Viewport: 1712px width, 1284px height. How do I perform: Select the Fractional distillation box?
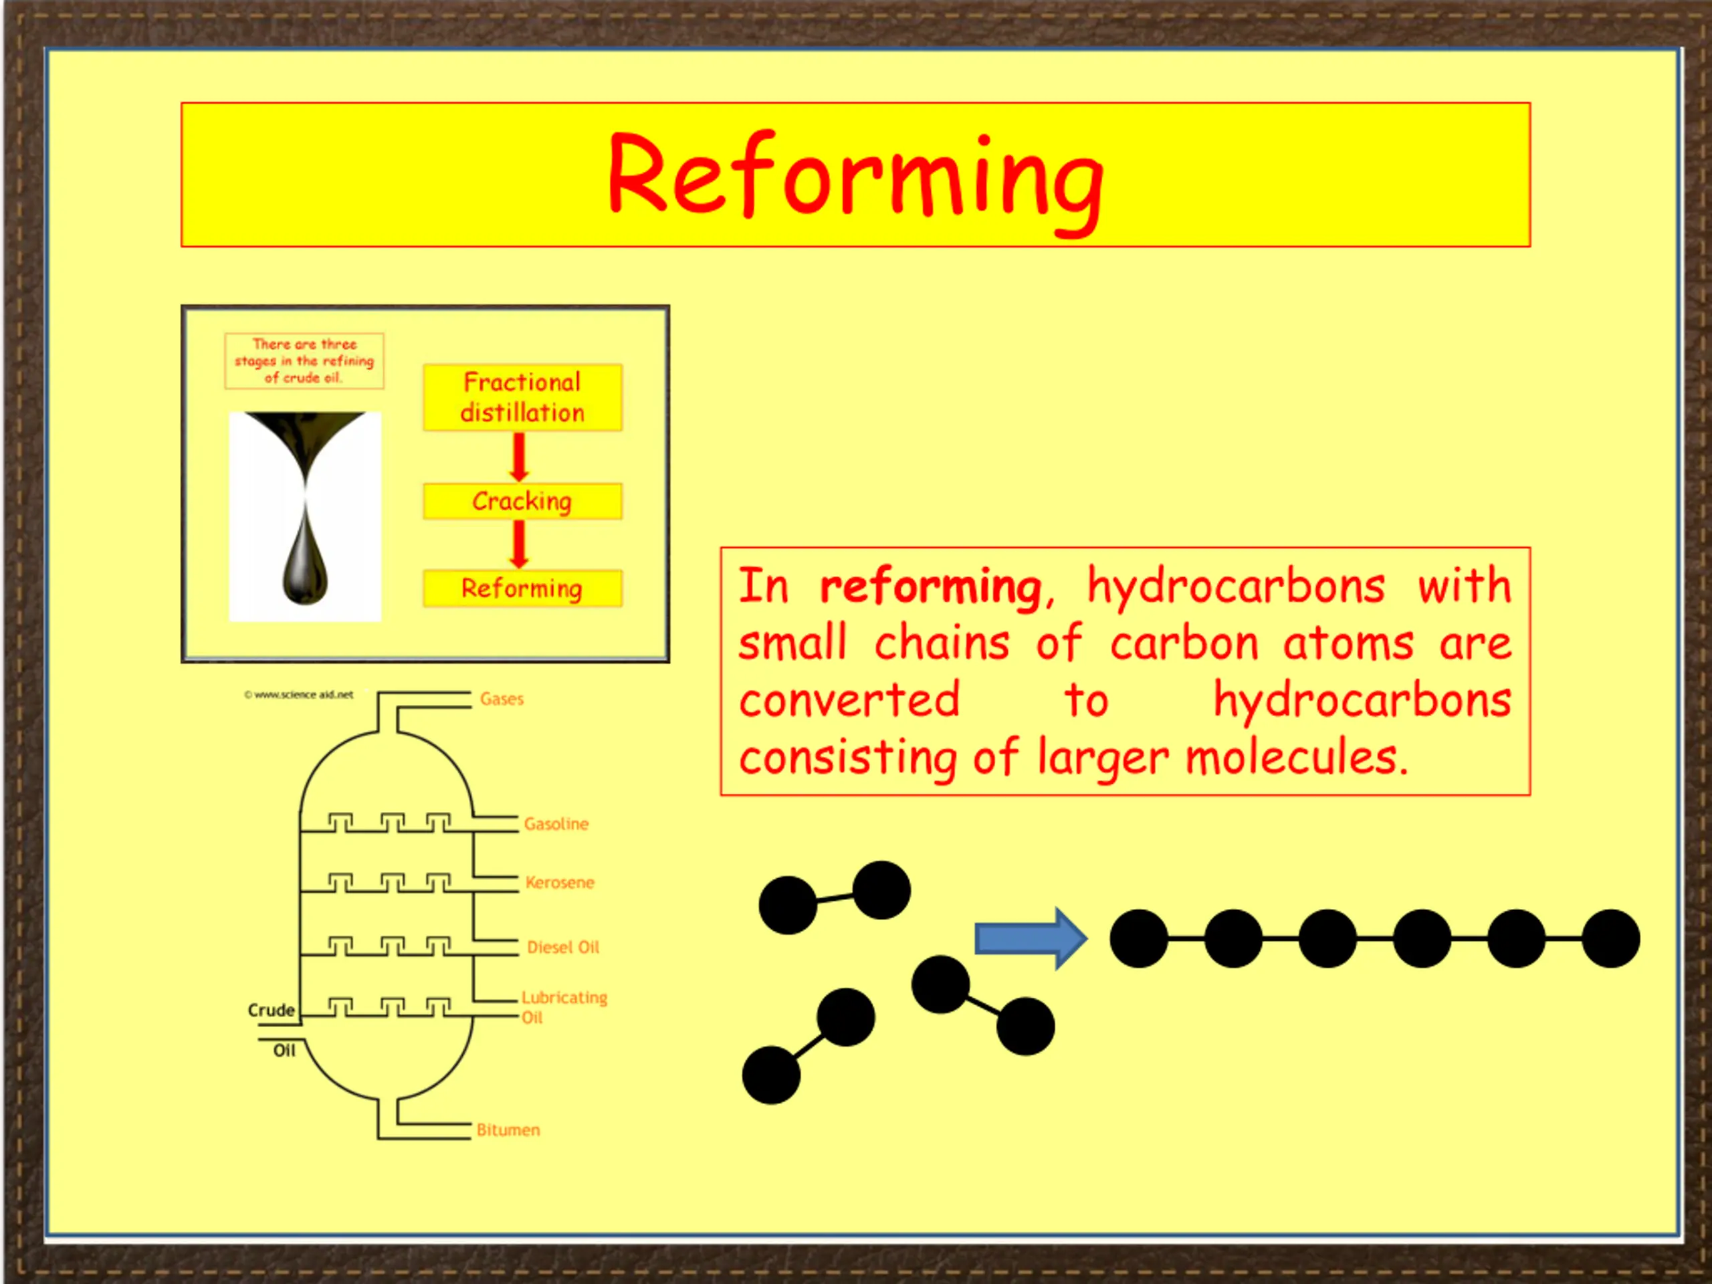pyautogui.click(x=522, y=397)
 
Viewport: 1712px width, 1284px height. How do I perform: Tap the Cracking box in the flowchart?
pyautogui.click(x=522, y=501)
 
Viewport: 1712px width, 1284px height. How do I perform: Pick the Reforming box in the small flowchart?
pyautogui.click(x=522, y=588)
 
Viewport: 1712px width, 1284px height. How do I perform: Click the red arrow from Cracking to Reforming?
pyautogui.click(x=520, y=544)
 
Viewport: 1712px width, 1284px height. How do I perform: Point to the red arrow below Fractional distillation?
pyautogui.click(x=520, y=457)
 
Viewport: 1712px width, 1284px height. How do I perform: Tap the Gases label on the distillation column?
pyautogui.click(x=502, y=699)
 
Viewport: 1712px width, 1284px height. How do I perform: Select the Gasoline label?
pyautogui.click(x=556, y=823)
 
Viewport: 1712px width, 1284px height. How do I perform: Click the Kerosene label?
pyautogui.click(x=560, y=882)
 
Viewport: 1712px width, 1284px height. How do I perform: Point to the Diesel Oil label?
pyautogui.click(x=562, y=948)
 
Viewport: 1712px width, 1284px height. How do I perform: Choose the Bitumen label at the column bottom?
pyautogui.click(x=508, y=1130)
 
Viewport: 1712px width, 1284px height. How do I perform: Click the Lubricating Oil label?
pyautogui.click(x=564, y=1007)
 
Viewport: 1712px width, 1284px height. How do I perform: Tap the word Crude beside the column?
pyautogui.click(x=271, y=1010)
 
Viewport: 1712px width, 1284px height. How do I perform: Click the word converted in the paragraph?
pyautogui.click(x=850, y=700)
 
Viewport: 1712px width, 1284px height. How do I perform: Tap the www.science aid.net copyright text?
pyautogui.click(x=299, y=694)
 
